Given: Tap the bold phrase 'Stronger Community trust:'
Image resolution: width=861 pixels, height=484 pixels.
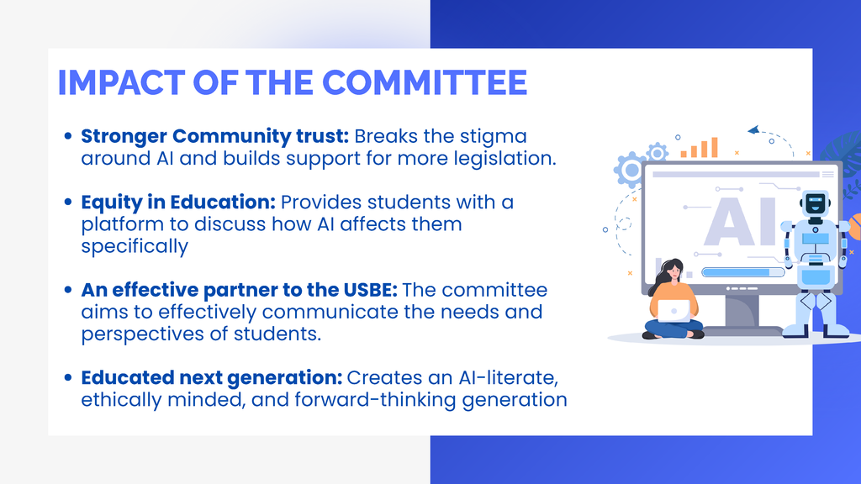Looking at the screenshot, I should (x=214, y=136).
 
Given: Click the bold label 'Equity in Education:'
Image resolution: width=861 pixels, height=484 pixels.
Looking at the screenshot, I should (x=178, y=203).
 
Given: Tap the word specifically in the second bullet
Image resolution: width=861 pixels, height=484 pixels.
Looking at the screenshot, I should (x=135, y=246).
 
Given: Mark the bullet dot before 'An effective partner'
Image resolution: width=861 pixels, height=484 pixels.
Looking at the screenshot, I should (x=68, y=291).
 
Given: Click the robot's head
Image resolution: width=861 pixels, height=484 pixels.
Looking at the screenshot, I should (x=815, y=205).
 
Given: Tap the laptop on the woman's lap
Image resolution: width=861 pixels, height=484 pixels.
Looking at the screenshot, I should (x=673, y=310).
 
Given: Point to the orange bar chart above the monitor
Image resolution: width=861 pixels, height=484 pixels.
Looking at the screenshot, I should (x=700, y=149).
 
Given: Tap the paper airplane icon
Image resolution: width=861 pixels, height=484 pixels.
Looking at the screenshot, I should (x=753, y=130).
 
